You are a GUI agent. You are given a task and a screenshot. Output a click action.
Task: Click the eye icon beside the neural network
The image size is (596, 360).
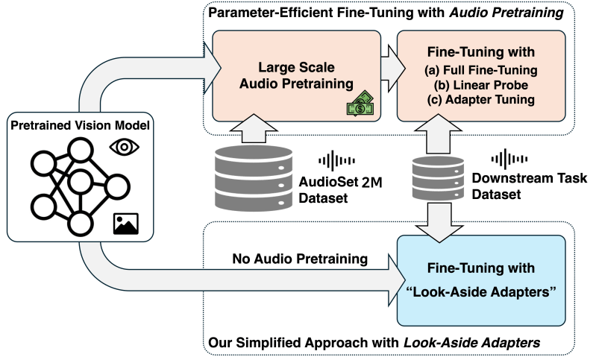[x=123, y=147]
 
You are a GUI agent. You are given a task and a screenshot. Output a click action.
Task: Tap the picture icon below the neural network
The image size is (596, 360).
[x=125, y=223]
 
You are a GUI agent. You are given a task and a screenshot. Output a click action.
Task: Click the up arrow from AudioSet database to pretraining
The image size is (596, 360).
[x=254, y=127]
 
